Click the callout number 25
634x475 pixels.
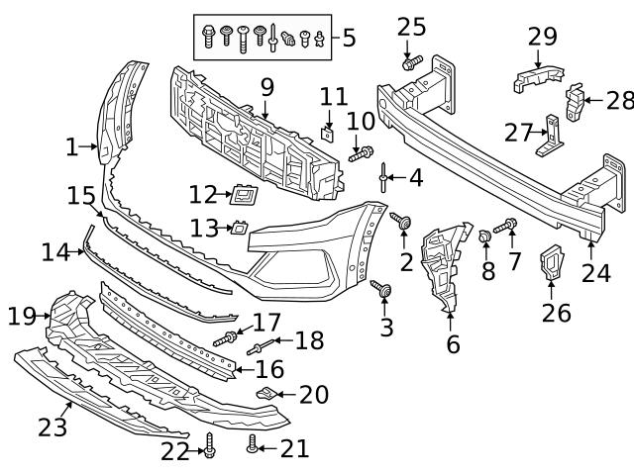click(x=411, y=26)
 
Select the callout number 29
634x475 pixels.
click(x=542, y=37)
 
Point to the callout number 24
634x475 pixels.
click(x=596, y=271)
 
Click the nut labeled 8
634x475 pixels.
click(x=485, y=237)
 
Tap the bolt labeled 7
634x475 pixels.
click(x=505, y=227)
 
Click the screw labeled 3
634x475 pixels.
click(x=382, y=289)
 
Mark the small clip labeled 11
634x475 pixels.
click(x=329, y=128)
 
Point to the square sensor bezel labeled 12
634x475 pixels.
click(x=244, y=194)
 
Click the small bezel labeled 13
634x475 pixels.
click(x=239, y=228)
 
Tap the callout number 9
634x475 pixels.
click(x=265, y=87)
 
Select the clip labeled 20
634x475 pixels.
click(x=264, y=395)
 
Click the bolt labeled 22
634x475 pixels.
click(x=209, y=450)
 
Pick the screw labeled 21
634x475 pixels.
click(x=254, y=446)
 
